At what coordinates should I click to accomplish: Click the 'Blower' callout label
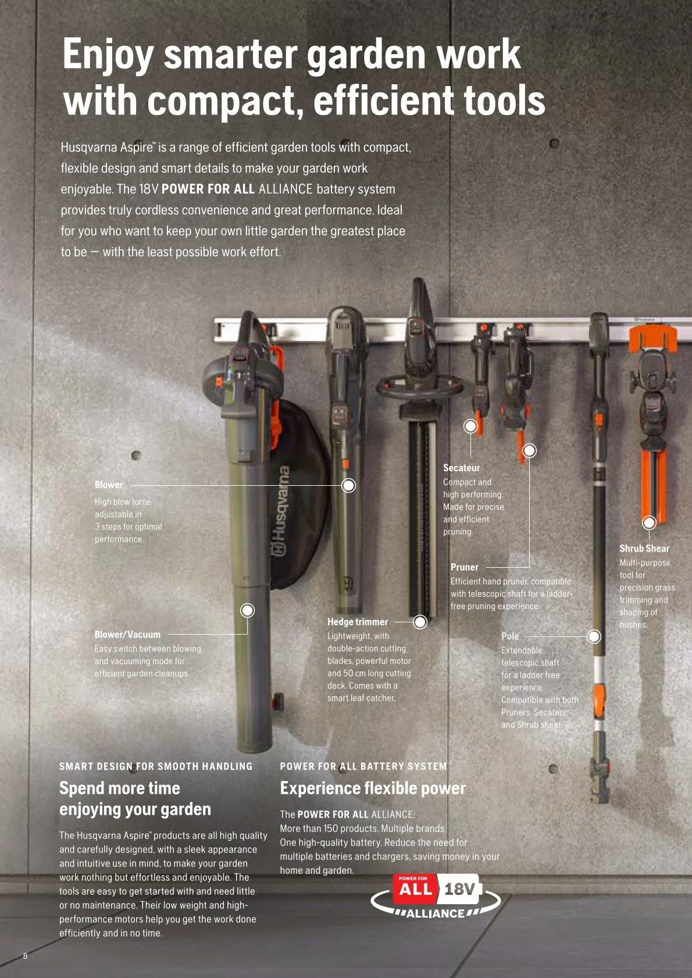109,485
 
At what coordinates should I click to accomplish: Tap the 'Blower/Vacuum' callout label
127,635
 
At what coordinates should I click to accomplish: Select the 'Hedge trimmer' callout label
357,622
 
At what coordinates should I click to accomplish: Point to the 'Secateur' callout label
461,468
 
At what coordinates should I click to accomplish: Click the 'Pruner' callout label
464,567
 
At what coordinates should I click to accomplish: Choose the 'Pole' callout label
510,636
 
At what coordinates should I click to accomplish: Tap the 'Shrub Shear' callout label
644,549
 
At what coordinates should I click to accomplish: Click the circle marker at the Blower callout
348,485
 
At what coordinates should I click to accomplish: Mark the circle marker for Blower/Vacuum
248,610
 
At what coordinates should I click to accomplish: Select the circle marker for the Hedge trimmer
420,622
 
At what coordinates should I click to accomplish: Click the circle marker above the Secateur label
470,427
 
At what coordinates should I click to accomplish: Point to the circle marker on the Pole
594,636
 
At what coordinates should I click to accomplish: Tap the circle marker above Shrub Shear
650,522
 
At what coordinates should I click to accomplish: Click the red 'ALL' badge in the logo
415,889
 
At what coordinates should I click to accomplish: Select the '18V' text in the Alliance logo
459,890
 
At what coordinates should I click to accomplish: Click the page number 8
25,956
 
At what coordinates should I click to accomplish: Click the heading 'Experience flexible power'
373,789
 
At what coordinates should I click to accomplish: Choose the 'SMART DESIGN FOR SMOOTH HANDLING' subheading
156,766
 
